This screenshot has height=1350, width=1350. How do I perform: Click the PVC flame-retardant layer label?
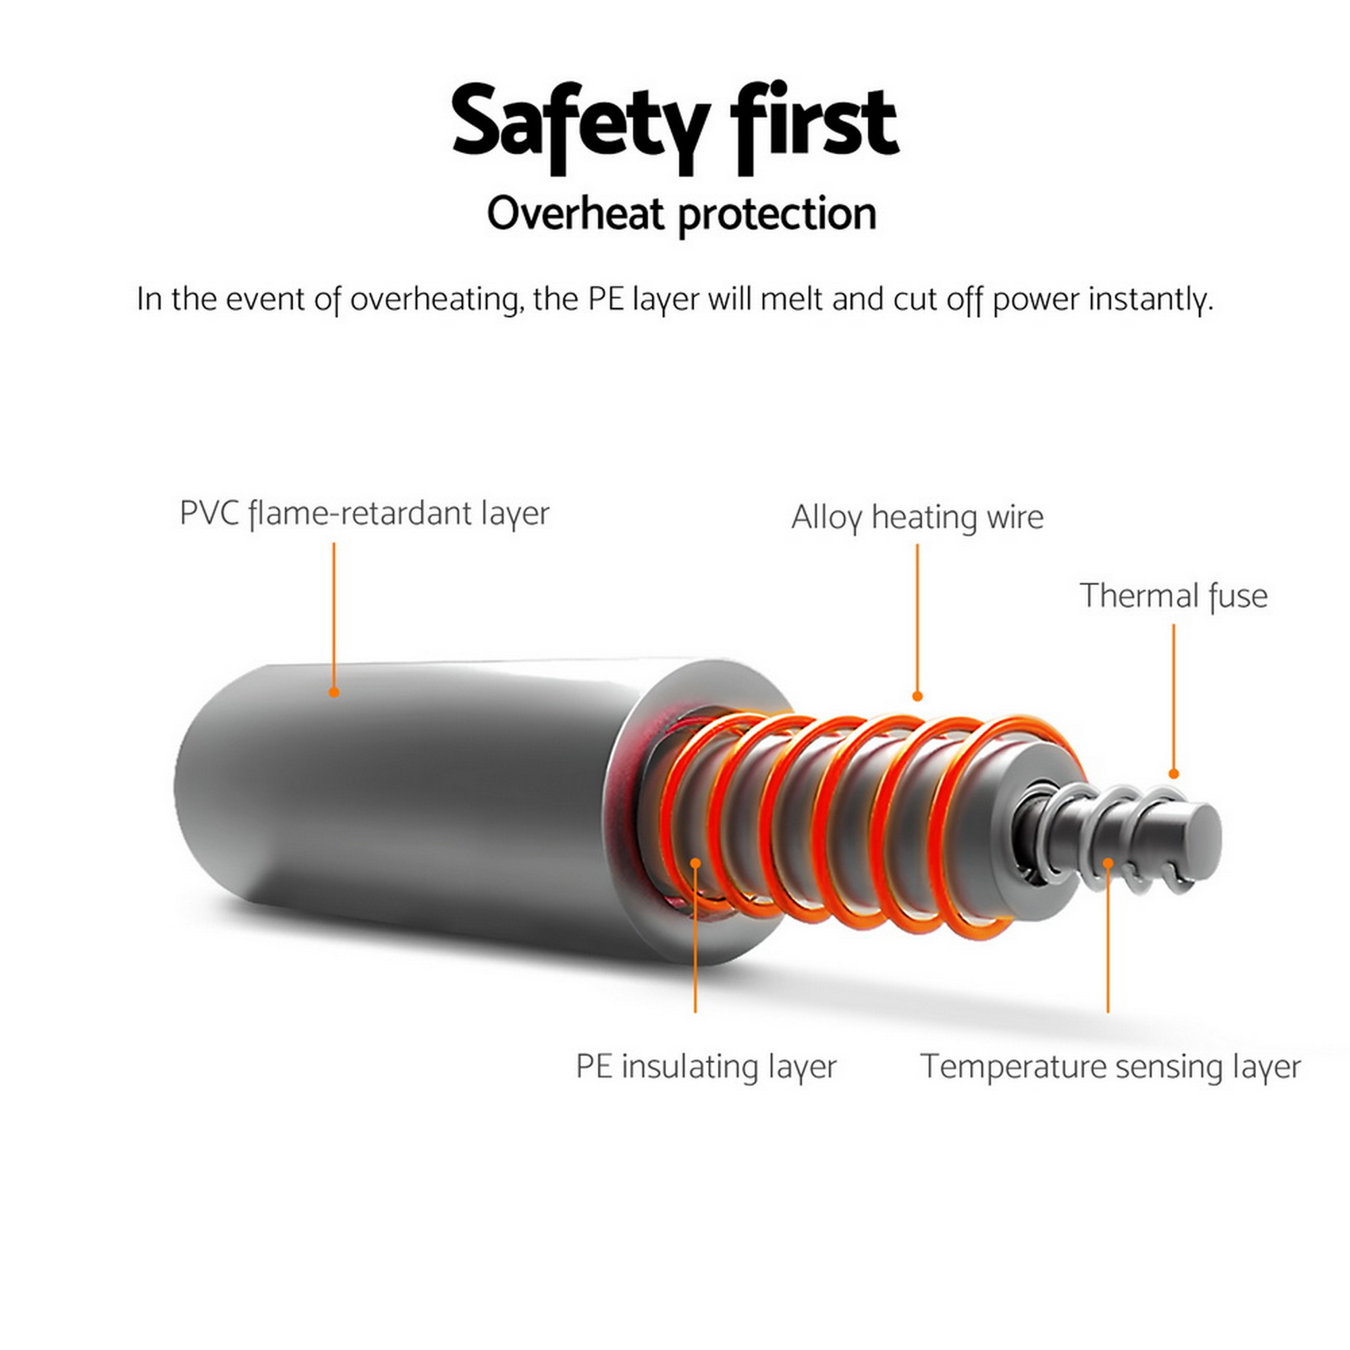click(364, 514)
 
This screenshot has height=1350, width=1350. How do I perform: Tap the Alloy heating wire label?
click(917, 518)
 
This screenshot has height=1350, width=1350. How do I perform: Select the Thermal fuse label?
click(1174, 596)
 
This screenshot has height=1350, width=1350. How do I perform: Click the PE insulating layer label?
click(706, 1067)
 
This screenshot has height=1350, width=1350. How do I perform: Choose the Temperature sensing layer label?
click(1110, 1067)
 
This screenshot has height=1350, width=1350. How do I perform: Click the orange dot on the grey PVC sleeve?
click(334, 692)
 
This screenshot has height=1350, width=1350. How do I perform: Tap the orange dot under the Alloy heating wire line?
click(917, 696)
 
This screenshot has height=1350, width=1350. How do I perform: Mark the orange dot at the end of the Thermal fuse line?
click(1174, 774)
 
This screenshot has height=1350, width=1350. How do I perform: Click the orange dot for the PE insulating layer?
click(695, 863)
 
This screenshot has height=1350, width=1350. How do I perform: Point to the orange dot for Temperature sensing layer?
click(1108, 863)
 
